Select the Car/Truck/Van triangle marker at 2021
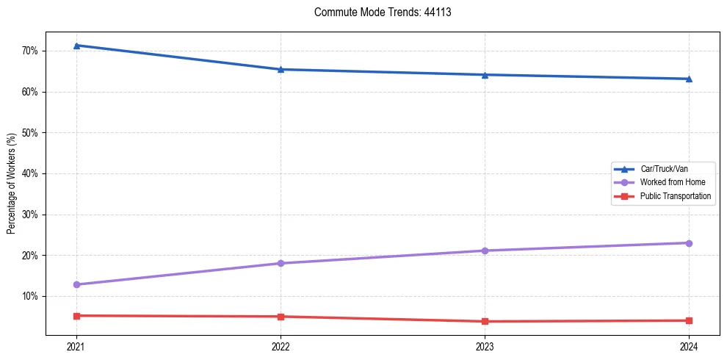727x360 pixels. point(76,46)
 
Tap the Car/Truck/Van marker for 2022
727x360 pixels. point(281,69)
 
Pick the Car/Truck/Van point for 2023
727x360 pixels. point(485,74)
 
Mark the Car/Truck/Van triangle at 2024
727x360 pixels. point(689,79)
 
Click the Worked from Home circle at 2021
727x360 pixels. point(76,284)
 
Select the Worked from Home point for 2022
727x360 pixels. point(281,263)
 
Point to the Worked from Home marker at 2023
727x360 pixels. point(485,251)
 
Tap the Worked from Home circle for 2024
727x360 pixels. point(689,243)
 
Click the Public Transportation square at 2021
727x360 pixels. point(76,316)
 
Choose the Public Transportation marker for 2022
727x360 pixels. point(281,317)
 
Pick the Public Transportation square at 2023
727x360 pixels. point(485,321)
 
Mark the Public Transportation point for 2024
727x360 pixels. point(689,320)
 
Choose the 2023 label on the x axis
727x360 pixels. point(485,347)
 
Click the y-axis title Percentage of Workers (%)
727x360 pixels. point(12,183)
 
